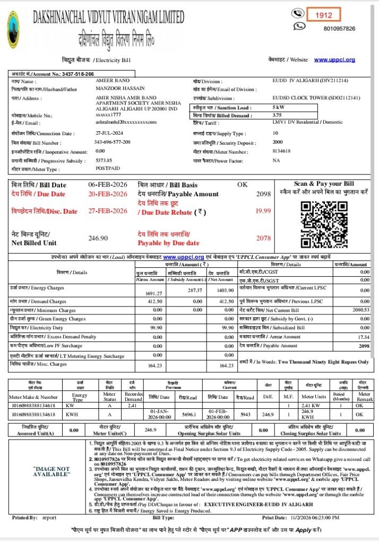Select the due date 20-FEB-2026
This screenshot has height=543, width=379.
click(x=108, y=194)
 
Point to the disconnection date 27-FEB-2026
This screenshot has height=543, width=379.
click(x=108, y=211)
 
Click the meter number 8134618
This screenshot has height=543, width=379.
click(x=281, y=151)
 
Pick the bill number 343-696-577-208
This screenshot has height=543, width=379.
click(x=112, y=143)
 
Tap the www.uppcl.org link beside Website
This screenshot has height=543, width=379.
click(x=334, y=60)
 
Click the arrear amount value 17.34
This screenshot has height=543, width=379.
click(x=363, y=337)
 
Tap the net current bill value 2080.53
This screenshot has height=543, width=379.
click(x=360, y=310)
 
